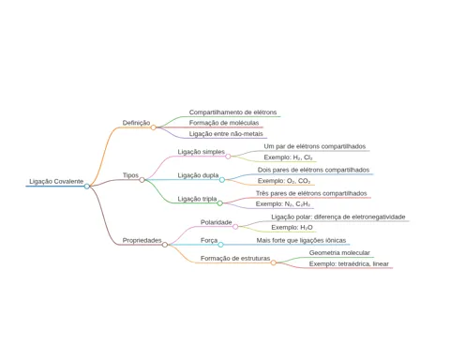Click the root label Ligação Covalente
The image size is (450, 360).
click(56, 181)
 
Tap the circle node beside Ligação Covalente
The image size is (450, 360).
click(87, 187)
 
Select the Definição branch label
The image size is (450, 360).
click(136, 123)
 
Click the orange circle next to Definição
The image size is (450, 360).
click(153, 127)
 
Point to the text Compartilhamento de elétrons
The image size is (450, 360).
click(232, 112)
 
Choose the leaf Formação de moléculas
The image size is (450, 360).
click(224, 123)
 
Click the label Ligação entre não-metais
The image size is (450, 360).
click(226, 134)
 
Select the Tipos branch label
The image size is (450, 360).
click(130, 175)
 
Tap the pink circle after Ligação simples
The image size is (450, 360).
click(228, 157)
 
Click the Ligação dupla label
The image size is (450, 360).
click(198, 175)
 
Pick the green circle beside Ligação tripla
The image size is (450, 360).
click(220, 203)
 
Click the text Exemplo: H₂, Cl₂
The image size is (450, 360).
click(288, 157)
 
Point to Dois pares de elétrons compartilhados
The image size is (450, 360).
click(313, 170)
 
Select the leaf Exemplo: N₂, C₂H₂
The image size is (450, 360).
click(283, 204)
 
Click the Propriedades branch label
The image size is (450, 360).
click(142, 240)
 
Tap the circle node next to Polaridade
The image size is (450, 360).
click(235, 227)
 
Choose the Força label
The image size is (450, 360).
click(209, 240)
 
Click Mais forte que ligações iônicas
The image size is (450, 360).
click(301, 240)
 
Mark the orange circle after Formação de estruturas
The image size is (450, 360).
click(274, 262)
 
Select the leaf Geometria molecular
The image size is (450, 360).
click(339, 252)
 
